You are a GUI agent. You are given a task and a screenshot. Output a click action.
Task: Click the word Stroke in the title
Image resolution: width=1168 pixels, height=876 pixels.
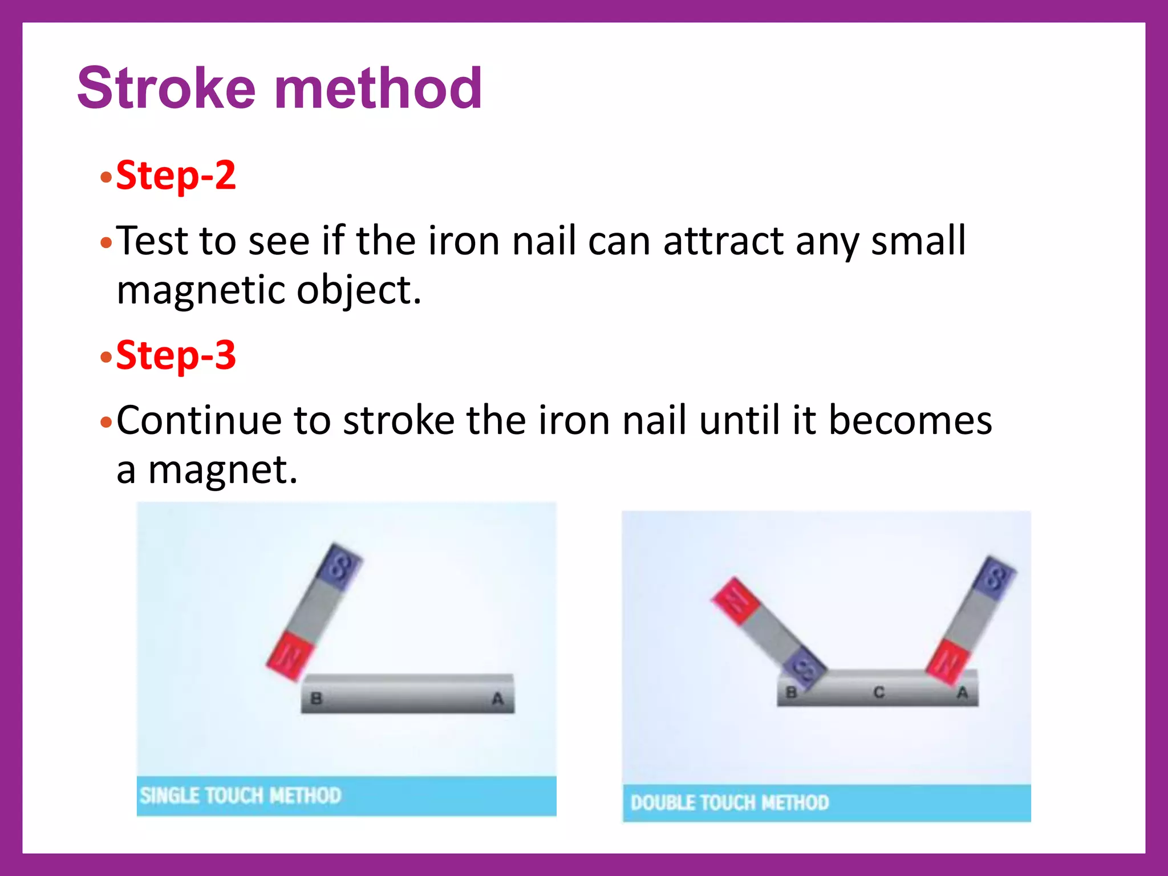click(x=166, y=88)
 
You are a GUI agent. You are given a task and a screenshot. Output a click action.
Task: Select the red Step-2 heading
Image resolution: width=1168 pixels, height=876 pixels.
click(x=176, y=175)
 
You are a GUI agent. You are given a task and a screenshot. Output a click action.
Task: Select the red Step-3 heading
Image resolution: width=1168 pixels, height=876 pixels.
click(x=176, y=355)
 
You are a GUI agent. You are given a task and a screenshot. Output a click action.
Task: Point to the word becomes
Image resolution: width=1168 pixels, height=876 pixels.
click(x=910, y=420)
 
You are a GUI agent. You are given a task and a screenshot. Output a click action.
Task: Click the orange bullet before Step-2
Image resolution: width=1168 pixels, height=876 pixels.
click(x=106, y=177)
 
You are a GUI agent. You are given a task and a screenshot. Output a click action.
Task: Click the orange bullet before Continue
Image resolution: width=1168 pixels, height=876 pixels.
click(x=106, y=423)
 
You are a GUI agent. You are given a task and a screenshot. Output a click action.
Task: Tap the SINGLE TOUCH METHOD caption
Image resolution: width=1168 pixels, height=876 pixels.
click(x=240, y=796)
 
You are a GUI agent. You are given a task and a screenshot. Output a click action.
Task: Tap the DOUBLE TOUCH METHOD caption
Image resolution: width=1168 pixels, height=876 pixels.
click(x=729, y=803)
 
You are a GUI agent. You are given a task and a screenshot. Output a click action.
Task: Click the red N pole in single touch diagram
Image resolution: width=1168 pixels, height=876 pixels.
click(x=290, y=656)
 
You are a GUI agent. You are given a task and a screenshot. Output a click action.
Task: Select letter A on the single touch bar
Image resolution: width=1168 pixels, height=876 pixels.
click(x=497, y=698)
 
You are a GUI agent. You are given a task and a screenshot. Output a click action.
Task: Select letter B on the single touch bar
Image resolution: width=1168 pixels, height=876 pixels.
click(x=316, y=698)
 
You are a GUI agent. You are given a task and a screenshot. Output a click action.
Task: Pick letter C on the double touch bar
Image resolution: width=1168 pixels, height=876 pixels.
click(x=878, y=692)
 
